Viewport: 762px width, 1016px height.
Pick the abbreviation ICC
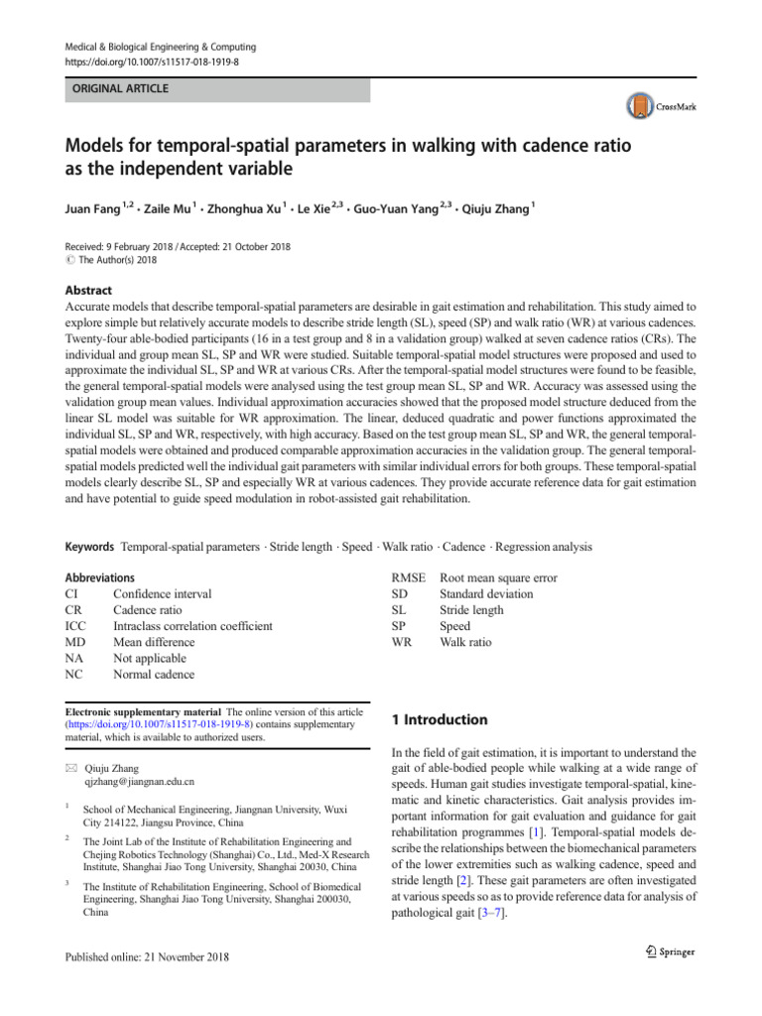click(x=75, y=626)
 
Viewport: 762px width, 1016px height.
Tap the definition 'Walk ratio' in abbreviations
click(x=465, y=642)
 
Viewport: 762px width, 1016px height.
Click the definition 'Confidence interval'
click(x=162, y=594)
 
